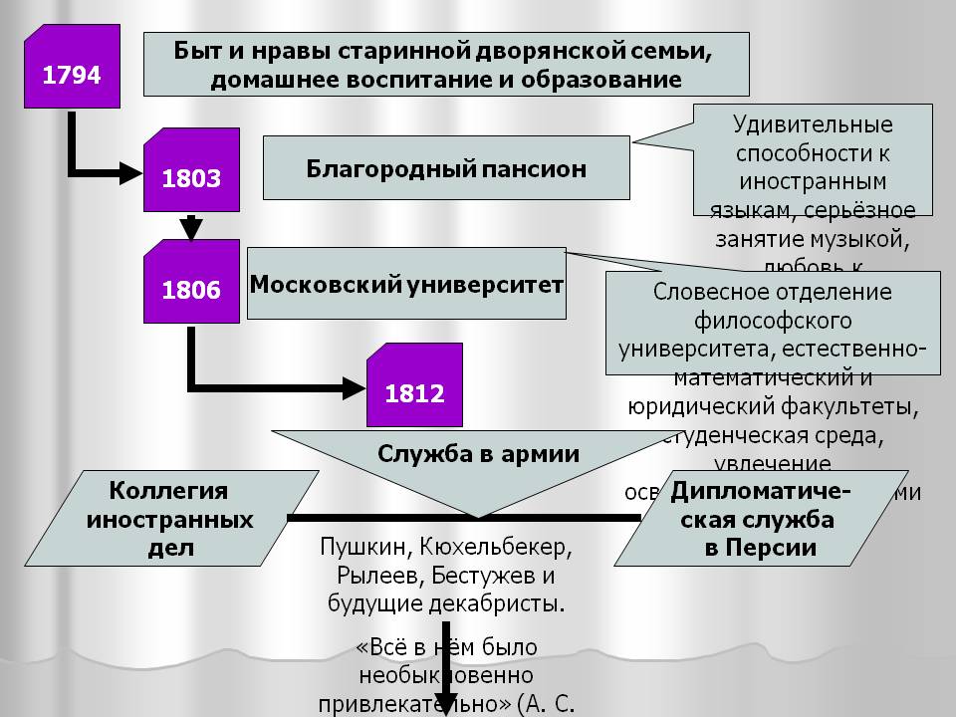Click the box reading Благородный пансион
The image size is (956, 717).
pos(446,168)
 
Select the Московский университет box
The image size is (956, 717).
pos(406,284)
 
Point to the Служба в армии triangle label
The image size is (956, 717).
pos(478,453)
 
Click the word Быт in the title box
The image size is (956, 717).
pos(196,50)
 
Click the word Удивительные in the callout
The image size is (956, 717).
pos(813,126)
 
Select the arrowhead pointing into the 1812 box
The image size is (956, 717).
pos(358,385)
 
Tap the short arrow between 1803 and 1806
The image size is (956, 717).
pos(192,227)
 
